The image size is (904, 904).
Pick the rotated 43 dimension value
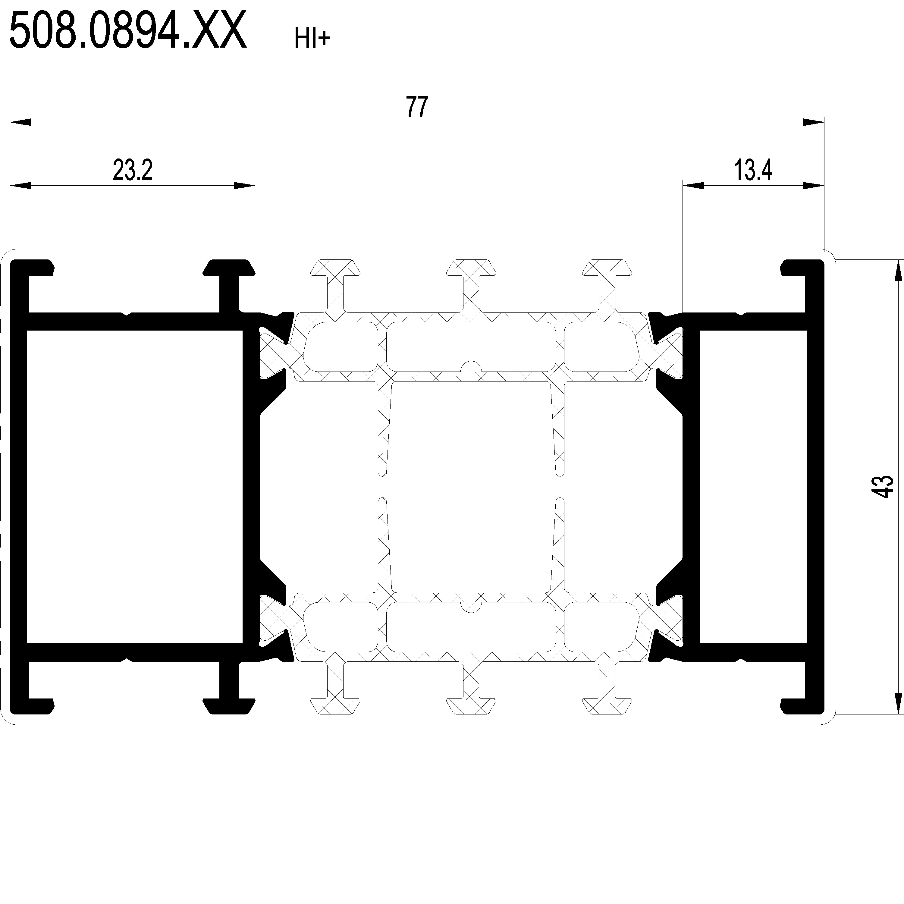(x=886, y=487)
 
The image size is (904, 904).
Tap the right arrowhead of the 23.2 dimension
(x=244, y=186)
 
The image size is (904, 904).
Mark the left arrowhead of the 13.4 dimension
(x=693, y=186)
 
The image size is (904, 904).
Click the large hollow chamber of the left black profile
(x=135, y=487)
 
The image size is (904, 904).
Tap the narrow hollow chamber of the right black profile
(x=753, y=487)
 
